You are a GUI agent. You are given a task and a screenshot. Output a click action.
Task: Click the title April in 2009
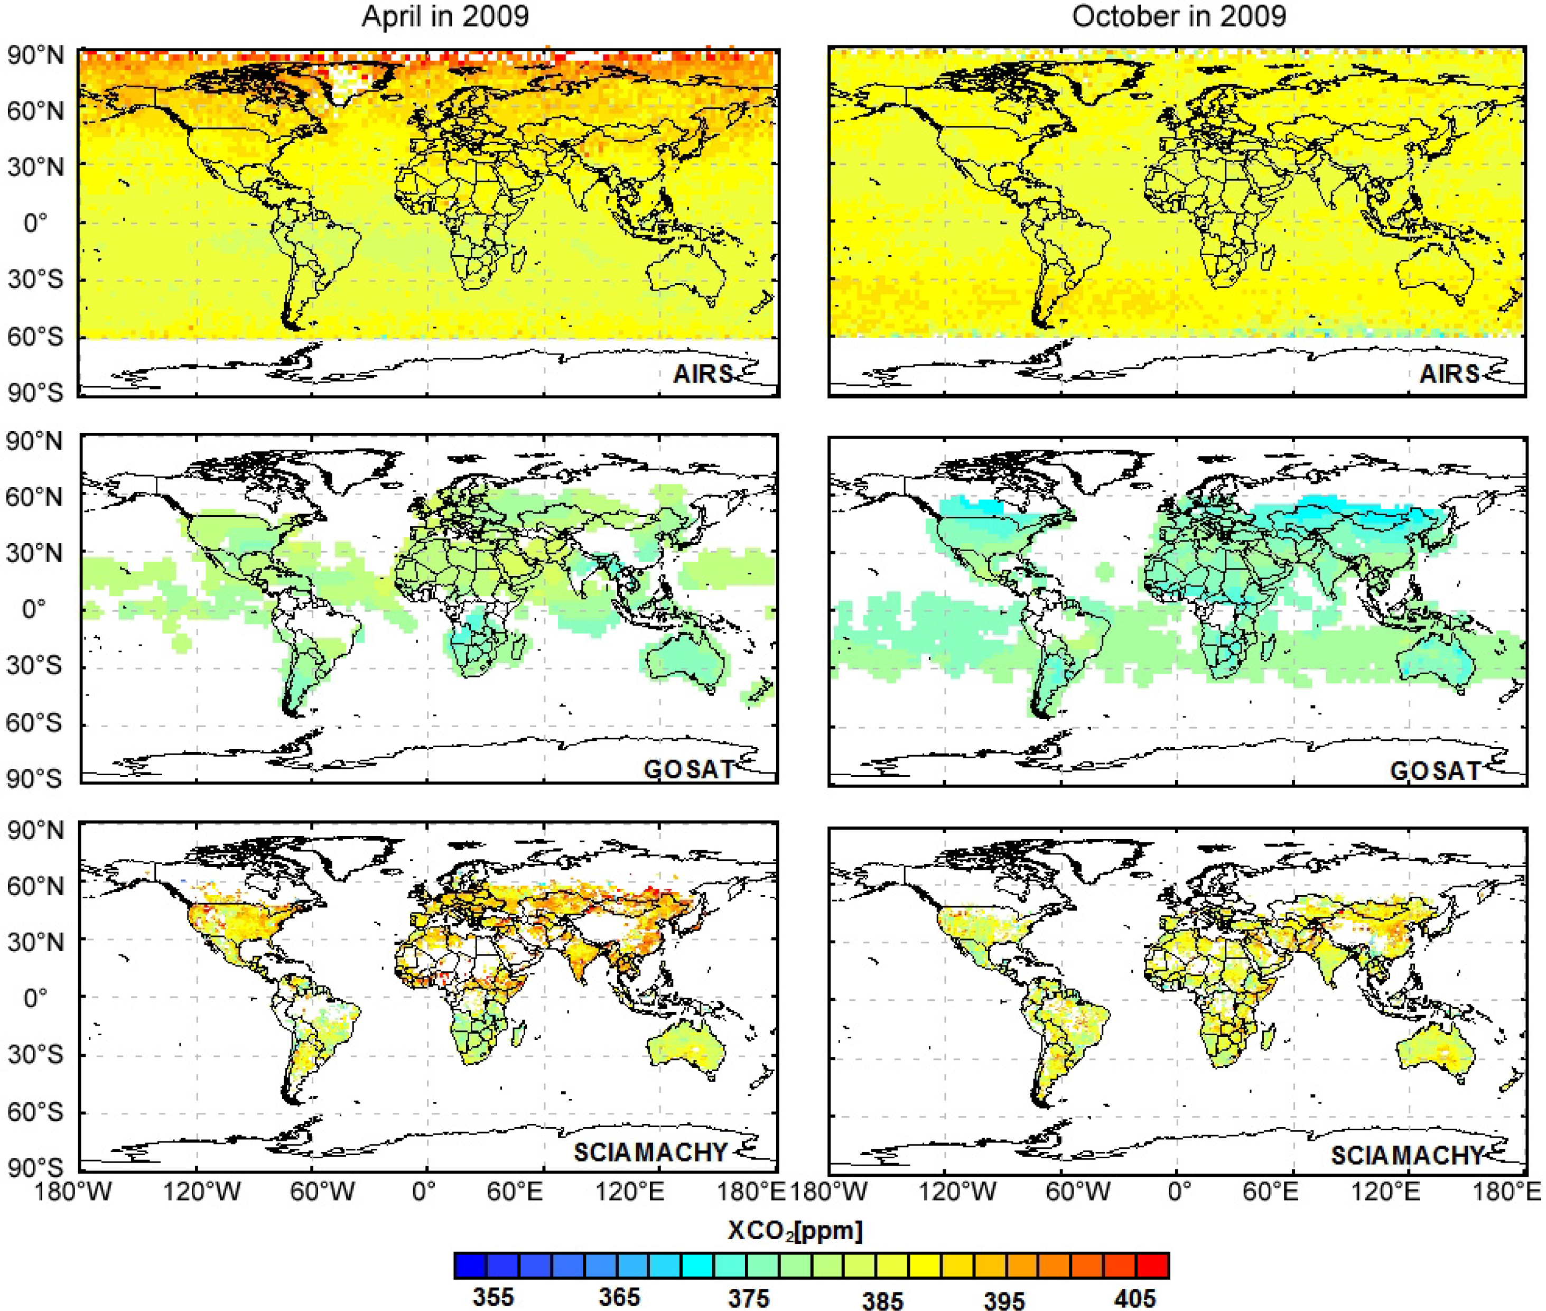point(445,16)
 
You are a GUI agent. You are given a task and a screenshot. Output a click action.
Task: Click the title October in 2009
point(1178,16)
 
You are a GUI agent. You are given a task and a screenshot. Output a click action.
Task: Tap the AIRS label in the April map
point(702,374)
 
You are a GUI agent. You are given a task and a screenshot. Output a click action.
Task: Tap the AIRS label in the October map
point(1449,374)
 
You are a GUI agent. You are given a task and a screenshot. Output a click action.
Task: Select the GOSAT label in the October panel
point(1435,771)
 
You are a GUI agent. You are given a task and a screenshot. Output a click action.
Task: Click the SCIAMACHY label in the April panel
point(650,1152)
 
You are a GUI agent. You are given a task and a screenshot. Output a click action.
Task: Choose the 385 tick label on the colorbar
point(882,1299)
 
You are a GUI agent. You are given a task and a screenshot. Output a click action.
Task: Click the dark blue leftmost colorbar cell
point(470,1265)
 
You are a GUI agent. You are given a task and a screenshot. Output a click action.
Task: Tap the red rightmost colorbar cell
point(1153,1265)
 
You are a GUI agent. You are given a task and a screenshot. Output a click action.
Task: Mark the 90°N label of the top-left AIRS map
point(35,55)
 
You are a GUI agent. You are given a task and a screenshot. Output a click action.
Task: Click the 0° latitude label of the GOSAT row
point(34,609)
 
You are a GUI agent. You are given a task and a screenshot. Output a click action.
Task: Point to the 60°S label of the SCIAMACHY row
point(34,1112)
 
